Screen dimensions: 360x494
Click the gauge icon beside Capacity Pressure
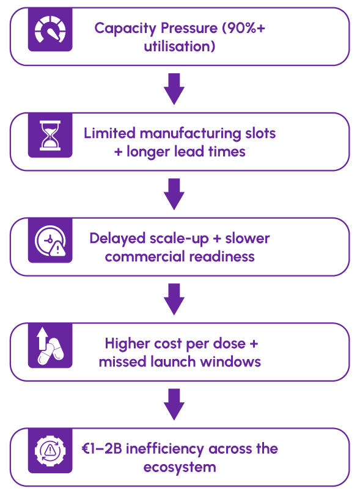click(x=50, y=29)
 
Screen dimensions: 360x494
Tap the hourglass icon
click(x=50, y=136)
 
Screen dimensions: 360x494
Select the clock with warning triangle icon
click(x=51, y=241)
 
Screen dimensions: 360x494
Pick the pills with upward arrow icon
click(x=51, y=346)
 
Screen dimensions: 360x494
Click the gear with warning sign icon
click(x=50, y=451)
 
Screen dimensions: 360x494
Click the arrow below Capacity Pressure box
click(x=174, y=89)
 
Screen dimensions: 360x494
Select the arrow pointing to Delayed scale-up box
click(x=174, y=194)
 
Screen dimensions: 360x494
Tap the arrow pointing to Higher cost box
click(x=174, y=299)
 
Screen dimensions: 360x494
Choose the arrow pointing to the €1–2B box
click(x=174, y=404)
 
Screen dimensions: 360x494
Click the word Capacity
click(x=125, y=29)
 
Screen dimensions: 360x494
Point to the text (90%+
click(x=244, y=28)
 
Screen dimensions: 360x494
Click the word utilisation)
click(x=180, y=46)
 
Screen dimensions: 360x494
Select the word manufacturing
click(x=191, y=134)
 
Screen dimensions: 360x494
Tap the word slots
click(x=261, y=133)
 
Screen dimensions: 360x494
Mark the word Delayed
click(x=117, y=239)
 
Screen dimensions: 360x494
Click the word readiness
click(x=222, y=256)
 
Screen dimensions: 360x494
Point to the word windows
click(x=231, y=361)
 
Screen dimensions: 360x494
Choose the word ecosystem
click(x=180, y=468)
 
